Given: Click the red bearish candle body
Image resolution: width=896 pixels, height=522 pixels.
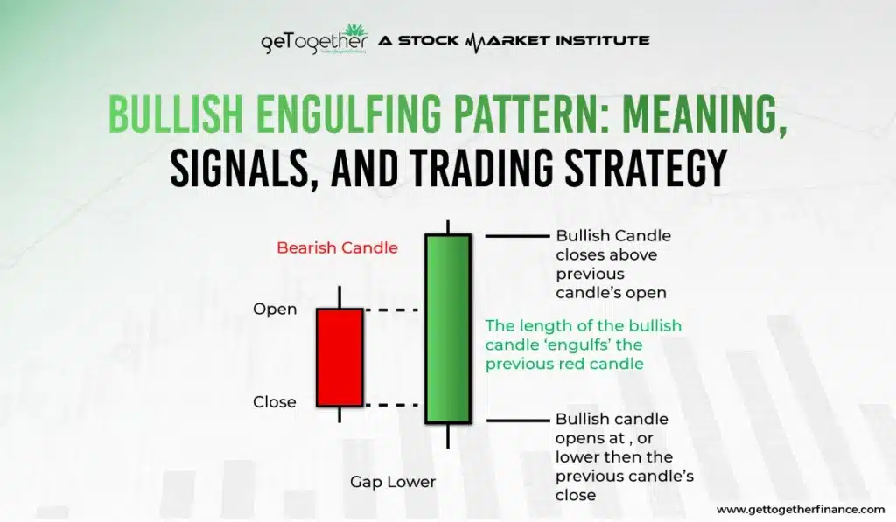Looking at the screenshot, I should (339, 357).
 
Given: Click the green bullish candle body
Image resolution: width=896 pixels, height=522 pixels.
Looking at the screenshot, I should (448, 329).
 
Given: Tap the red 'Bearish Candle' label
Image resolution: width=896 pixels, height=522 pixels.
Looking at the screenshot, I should (337, 247).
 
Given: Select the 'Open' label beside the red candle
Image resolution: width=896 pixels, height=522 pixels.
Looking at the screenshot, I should (275, 310).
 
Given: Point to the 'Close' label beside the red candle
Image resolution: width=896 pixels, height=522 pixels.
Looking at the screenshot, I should (275, 402).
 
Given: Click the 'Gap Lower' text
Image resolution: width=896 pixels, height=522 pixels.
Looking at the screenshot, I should (393, 482).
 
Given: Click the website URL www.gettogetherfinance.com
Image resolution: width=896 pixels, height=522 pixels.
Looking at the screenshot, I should (801, 509).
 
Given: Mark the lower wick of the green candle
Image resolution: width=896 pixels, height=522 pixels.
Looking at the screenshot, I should (448, 435).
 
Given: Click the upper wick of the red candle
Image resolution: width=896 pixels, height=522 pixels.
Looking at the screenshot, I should (339, 297).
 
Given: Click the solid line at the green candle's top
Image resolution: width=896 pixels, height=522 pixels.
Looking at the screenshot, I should (516, 236).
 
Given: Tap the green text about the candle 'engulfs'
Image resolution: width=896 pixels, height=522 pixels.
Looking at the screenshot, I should (583, 345).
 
